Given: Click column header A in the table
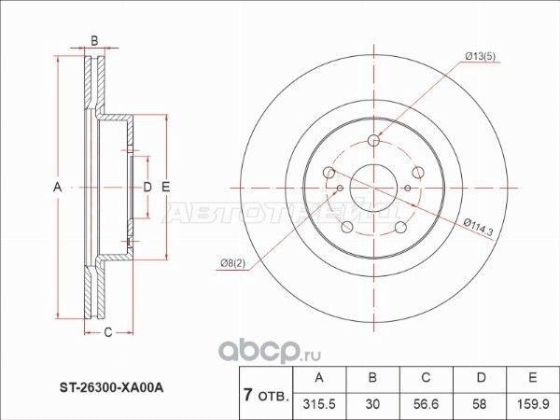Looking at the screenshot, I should tap(320, 377).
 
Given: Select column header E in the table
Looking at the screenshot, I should tap(532, 377).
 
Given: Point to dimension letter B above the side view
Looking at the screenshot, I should tap(93, 40).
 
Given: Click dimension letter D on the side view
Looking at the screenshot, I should tap(147, 189).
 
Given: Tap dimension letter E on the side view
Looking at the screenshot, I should tap(165, 189).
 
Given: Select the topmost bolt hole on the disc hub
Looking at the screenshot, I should tap(374, 141).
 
